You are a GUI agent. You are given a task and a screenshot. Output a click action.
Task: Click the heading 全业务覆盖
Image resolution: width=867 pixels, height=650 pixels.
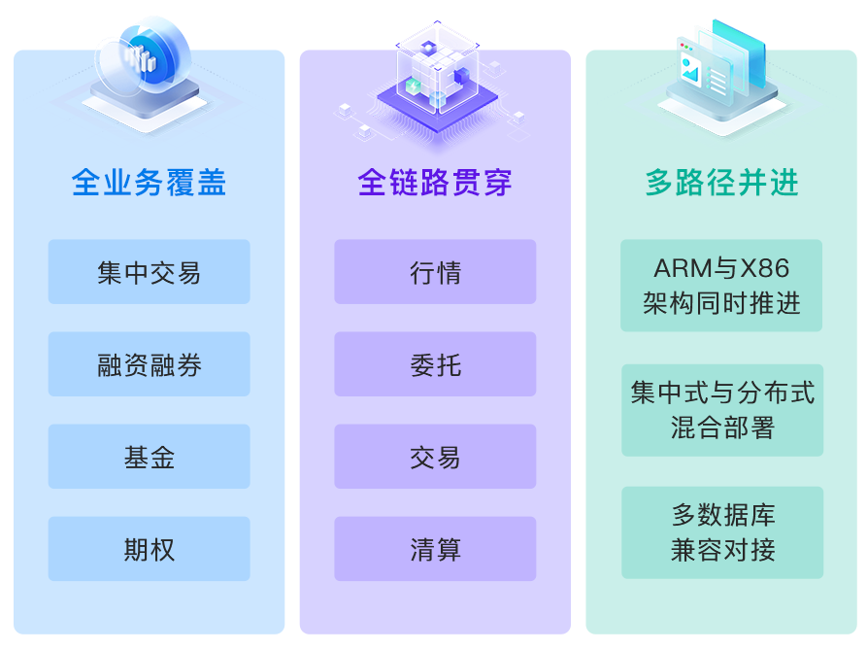click(149, 182)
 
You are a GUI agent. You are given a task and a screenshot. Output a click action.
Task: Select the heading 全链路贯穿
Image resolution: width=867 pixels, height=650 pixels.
click(434, 182)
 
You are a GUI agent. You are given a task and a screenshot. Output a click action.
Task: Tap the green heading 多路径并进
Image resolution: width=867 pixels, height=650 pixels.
click(721, 182)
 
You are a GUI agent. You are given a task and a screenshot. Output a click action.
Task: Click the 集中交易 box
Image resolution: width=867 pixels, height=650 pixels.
click(149, 272)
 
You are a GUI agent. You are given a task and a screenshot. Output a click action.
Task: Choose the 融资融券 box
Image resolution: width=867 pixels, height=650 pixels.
click(149, 364)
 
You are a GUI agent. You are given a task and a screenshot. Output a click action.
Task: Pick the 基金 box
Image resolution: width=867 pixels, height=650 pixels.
click(149, 457)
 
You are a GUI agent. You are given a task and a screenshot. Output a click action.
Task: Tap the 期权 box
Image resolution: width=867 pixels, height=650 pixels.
click(149, 549)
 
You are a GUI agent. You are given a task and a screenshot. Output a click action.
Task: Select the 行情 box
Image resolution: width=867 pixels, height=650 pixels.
click(435, 272)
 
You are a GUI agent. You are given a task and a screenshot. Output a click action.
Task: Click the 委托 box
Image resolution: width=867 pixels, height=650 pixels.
click(435, 364)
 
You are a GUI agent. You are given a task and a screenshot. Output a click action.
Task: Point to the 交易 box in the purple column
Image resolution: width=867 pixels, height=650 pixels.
click(435, 457)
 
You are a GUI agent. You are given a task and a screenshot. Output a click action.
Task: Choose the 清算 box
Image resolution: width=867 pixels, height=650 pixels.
click(435, 549)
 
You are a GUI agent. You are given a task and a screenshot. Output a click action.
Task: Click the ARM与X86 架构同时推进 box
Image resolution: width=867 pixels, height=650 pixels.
click(721, 286)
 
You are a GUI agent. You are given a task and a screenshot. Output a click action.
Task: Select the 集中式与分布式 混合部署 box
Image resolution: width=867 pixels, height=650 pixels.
click(722, 410)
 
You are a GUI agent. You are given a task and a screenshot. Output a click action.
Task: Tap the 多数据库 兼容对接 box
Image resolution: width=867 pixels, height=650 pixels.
click(722, 532)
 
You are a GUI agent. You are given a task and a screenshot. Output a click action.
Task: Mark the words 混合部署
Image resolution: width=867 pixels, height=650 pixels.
click(722, 428)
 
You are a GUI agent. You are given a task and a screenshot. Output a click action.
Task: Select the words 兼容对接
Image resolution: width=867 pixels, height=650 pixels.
click(722, 550)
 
